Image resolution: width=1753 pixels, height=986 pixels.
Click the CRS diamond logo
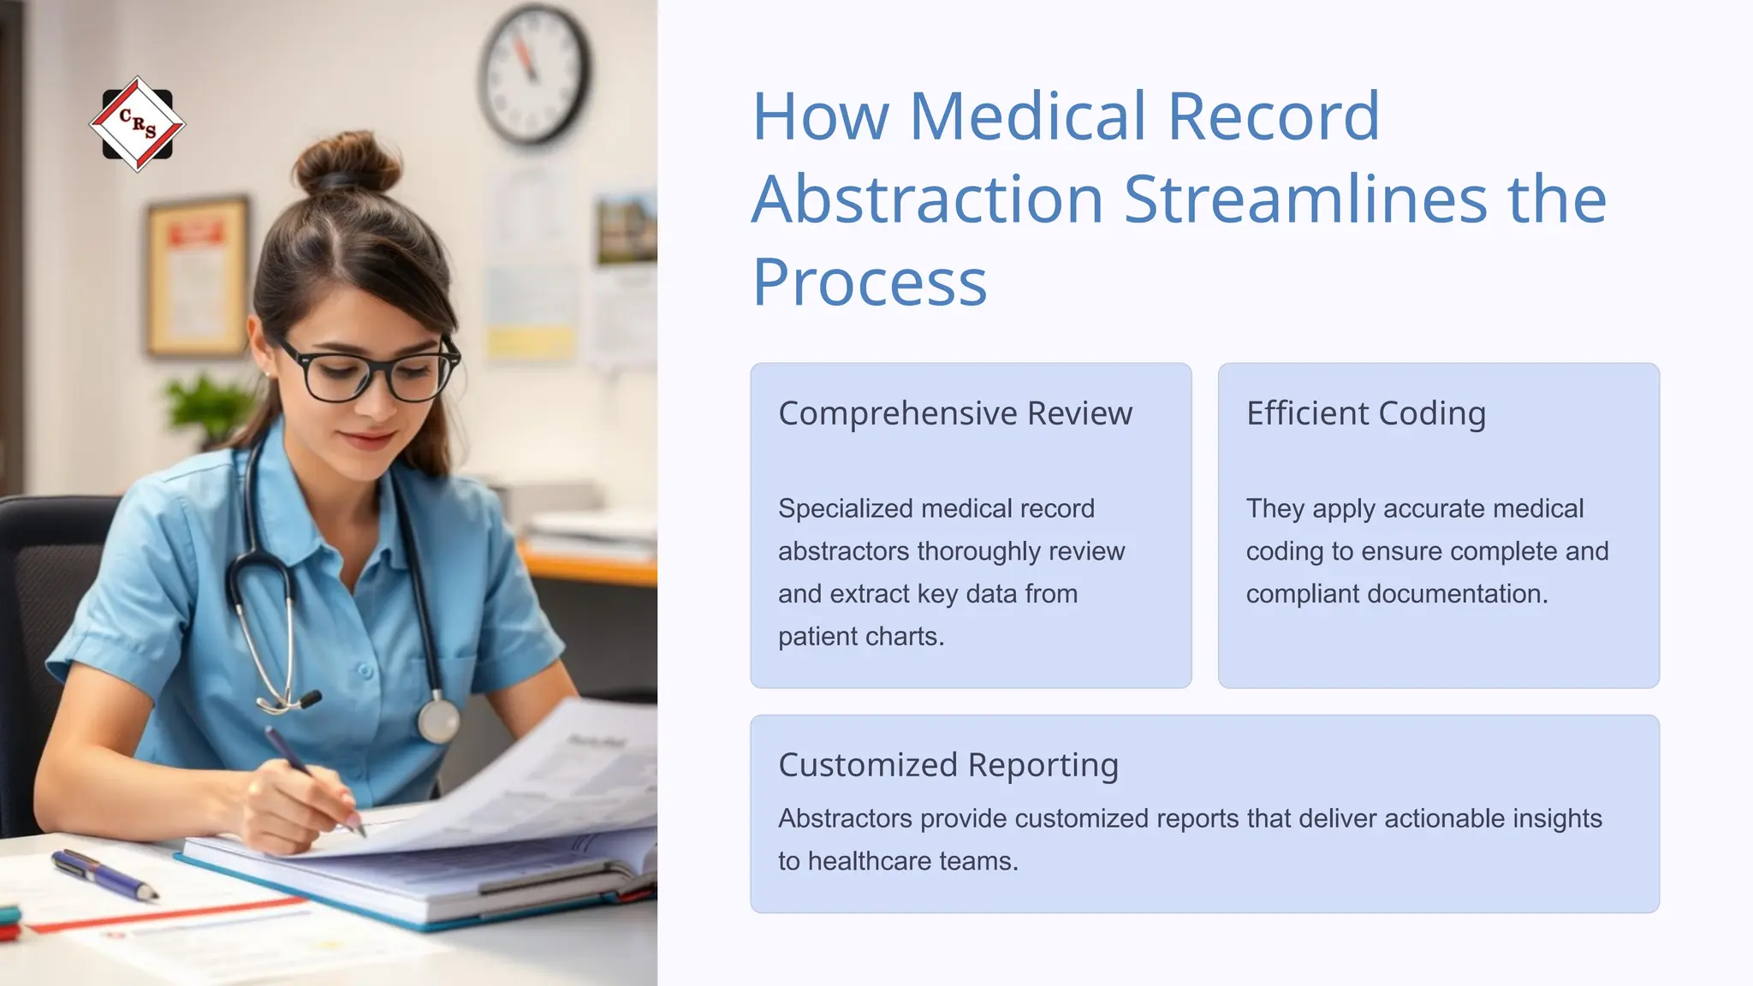coord(137,125)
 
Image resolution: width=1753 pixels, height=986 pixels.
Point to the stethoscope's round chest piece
coord(438,721)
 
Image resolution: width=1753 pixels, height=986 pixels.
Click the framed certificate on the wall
coord(198,276)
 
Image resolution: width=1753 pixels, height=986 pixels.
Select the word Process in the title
coord(869,282)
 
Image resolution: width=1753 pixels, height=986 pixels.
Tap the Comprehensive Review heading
coord(954,413)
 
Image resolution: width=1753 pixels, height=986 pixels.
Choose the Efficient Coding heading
coord(1365,413)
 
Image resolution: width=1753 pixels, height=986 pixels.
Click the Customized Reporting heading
coord(948,764)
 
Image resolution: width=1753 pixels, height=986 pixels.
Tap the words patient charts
coord(860,636)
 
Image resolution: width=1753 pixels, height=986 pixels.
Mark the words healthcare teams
coord(912,860)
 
